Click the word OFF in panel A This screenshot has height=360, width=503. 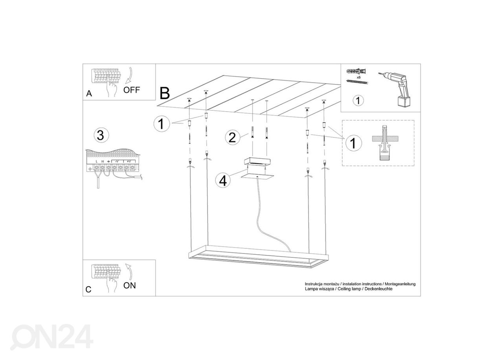tap(132, 90)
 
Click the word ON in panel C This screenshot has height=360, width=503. tap(130, 285)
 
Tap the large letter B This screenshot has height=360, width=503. tap(165, 93)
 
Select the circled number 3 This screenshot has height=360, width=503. tap(101, 136)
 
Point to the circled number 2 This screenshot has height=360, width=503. tap(232, 137)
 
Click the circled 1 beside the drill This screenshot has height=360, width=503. tap(358, 100)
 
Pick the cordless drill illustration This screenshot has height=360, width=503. tap(395, 89)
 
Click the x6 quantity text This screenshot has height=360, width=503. tap(359, 77)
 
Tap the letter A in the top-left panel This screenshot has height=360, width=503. tap(89, 94)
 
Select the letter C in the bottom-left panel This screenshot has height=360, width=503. tap(88, 290)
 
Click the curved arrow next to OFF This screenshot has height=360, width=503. tap(129, 75)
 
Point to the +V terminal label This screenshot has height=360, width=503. tap(129, 161)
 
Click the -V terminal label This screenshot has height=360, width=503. tap(117, 161)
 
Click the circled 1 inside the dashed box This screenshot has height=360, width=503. tap(353, 143)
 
